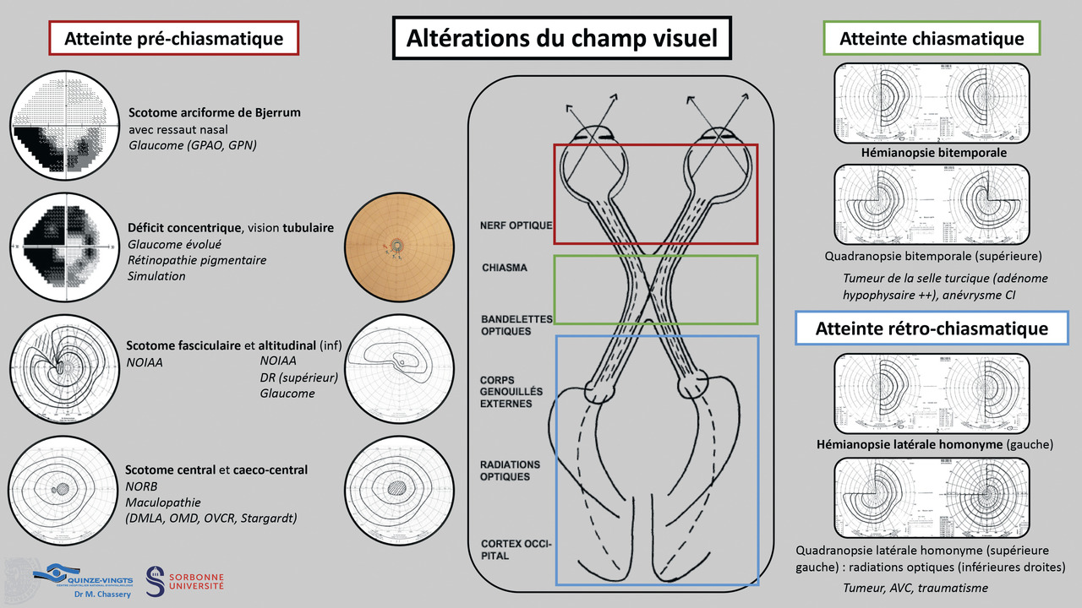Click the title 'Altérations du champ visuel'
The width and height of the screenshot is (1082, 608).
point(562,38)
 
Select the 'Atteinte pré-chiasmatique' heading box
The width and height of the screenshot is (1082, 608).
point(175,38)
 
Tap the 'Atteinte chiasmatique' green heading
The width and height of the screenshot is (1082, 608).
point(932,39)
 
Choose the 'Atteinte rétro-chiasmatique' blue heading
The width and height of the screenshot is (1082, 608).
point(932,328)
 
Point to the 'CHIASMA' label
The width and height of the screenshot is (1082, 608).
point(504,268)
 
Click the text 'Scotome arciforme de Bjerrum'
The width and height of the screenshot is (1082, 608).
point(215,112)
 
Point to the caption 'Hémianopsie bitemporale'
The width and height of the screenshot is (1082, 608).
point(933,153)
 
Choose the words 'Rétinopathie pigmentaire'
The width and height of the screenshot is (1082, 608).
point(197,260)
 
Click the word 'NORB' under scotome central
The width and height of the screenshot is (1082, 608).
point(142,486)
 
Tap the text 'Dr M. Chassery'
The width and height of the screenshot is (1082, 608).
point(90,593)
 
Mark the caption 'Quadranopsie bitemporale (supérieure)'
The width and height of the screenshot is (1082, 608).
point(933,255)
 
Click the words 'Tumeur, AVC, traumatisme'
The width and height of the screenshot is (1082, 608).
point(915,588)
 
